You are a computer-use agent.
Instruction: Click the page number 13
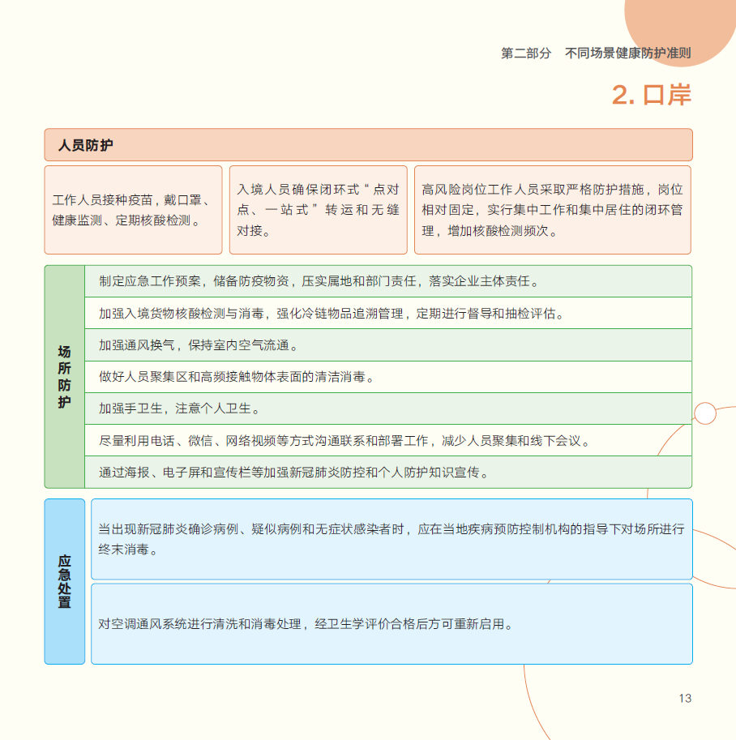[685, 698]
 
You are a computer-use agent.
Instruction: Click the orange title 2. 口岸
[652, 95]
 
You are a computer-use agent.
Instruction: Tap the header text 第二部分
[526, 53]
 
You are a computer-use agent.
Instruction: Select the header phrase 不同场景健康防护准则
[628, 53]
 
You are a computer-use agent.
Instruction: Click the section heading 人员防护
[85, 145]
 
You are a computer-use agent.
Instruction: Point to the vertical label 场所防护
[64, 377]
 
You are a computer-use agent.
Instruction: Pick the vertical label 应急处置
[64, 581]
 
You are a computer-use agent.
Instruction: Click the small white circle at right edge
[705, 413]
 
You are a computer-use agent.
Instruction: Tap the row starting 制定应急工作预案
[388, 281]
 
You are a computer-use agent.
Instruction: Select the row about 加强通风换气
[388, 345]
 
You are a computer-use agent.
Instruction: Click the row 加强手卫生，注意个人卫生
[388, 408]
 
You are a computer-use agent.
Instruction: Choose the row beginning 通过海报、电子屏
[388, 472]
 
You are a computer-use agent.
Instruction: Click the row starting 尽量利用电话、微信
[388, 440]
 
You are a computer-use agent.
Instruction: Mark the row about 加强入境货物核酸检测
[388, 313]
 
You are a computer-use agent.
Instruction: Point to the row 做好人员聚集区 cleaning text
[388, 377]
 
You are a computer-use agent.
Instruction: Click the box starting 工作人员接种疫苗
[133, 210]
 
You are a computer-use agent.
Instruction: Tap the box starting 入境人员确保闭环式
[319, 210]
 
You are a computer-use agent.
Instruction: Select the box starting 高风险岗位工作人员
[552, 210]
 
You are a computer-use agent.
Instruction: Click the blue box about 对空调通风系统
[392, 624]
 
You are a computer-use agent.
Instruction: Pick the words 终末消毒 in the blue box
[124, 550]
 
